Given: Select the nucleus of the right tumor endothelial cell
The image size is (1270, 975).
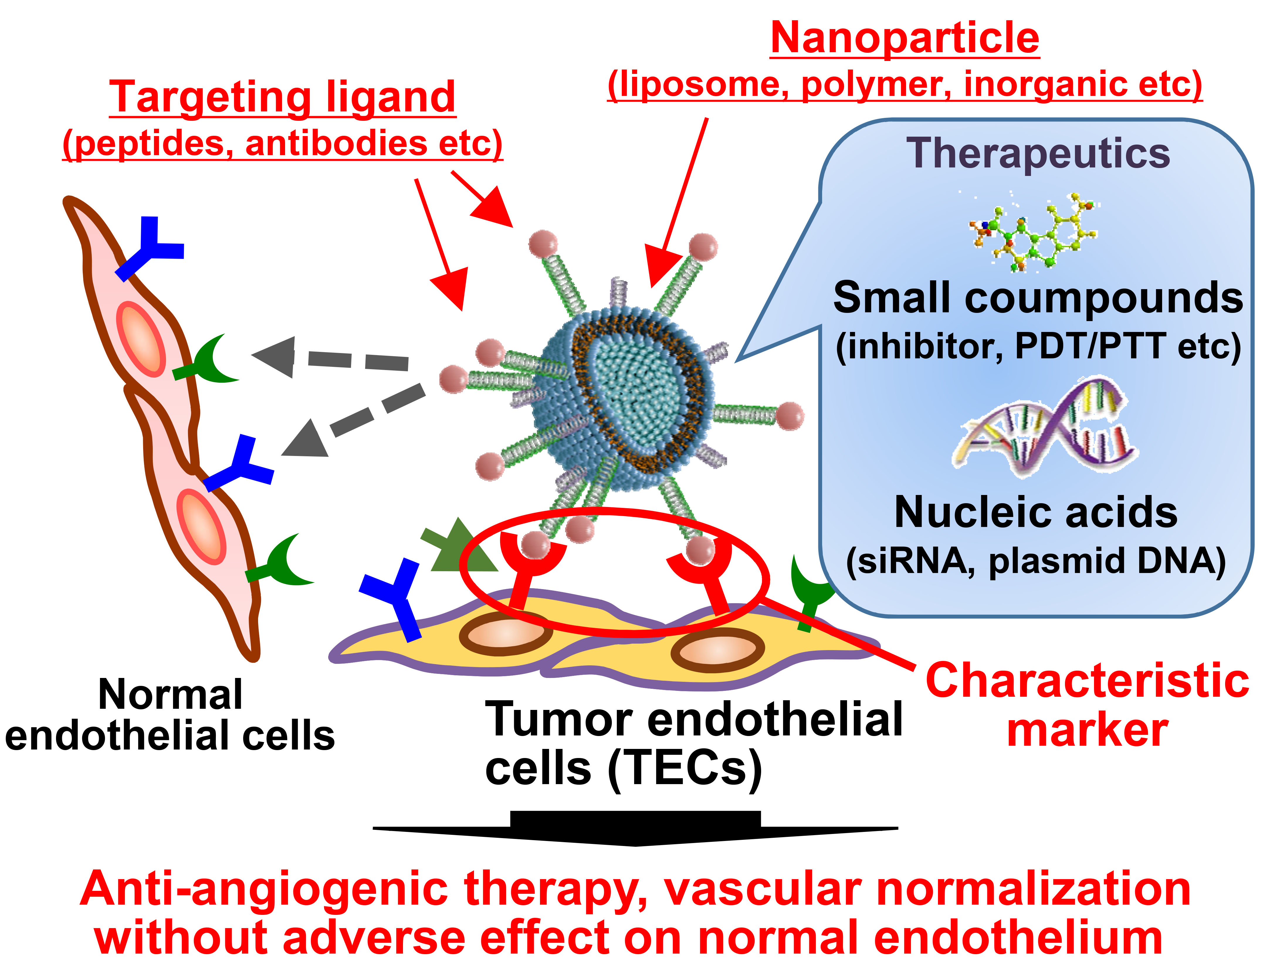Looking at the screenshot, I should pos(717,650).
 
